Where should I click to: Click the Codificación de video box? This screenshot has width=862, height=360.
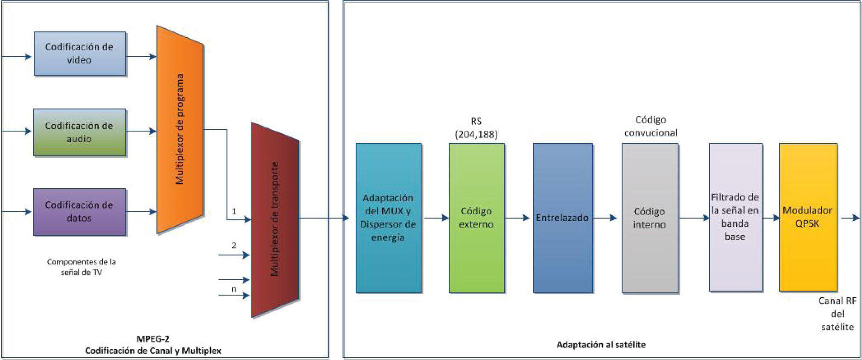(x=80, y=54)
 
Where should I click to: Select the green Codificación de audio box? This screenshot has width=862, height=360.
(x=80, y=132)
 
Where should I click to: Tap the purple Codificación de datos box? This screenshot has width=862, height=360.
(x=80, y=212)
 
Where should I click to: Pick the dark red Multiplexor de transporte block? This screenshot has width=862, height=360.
(x=275, y=220)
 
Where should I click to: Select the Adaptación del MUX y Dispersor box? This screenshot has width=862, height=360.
(x=389, y=218)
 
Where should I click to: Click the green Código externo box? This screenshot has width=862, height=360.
(x=476, y=218)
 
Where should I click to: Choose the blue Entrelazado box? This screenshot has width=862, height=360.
(x=563, y=218)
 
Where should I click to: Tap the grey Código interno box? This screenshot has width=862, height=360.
(x=650, y=218)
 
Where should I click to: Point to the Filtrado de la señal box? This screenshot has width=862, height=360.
(x=735, y=217)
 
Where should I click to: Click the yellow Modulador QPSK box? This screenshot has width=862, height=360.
(x=808, y=217)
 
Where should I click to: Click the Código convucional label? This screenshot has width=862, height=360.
(x=651, y=126)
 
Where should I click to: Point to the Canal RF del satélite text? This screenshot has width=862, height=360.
(x=837, y=314)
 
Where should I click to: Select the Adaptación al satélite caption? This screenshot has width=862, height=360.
(x=601, y=345)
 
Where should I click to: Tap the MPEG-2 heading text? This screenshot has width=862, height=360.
(x=153, y=339)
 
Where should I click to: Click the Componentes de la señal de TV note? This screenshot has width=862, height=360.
(x=81, y=267)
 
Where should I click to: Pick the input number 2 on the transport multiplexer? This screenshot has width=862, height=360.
(x=234, y=246)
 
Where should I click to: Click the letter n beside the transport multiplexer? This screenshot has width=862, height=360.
(x=234, y=289)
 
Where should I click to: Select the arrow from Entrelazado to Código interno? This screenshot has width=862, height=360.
(x=605, y=218)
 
